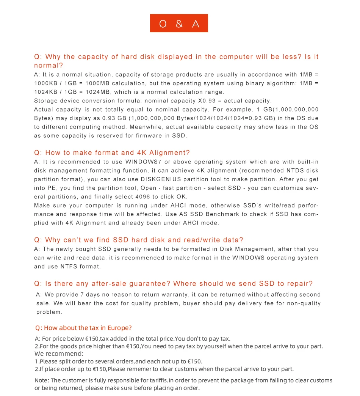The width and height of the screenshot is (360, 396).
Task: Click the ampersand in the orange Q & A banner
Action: (x=179, y=24)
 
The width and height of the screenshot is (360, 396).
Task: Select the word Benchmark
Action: (x=225, y=214)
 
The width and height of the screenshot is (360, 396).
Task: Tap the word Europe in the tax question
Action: (x=118, y=328)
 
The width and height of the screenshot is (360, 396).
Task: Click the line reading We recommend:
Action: (x=59, y=354)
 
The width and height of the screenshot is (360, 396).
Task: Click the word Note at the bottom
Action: (x=41, y=380)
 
